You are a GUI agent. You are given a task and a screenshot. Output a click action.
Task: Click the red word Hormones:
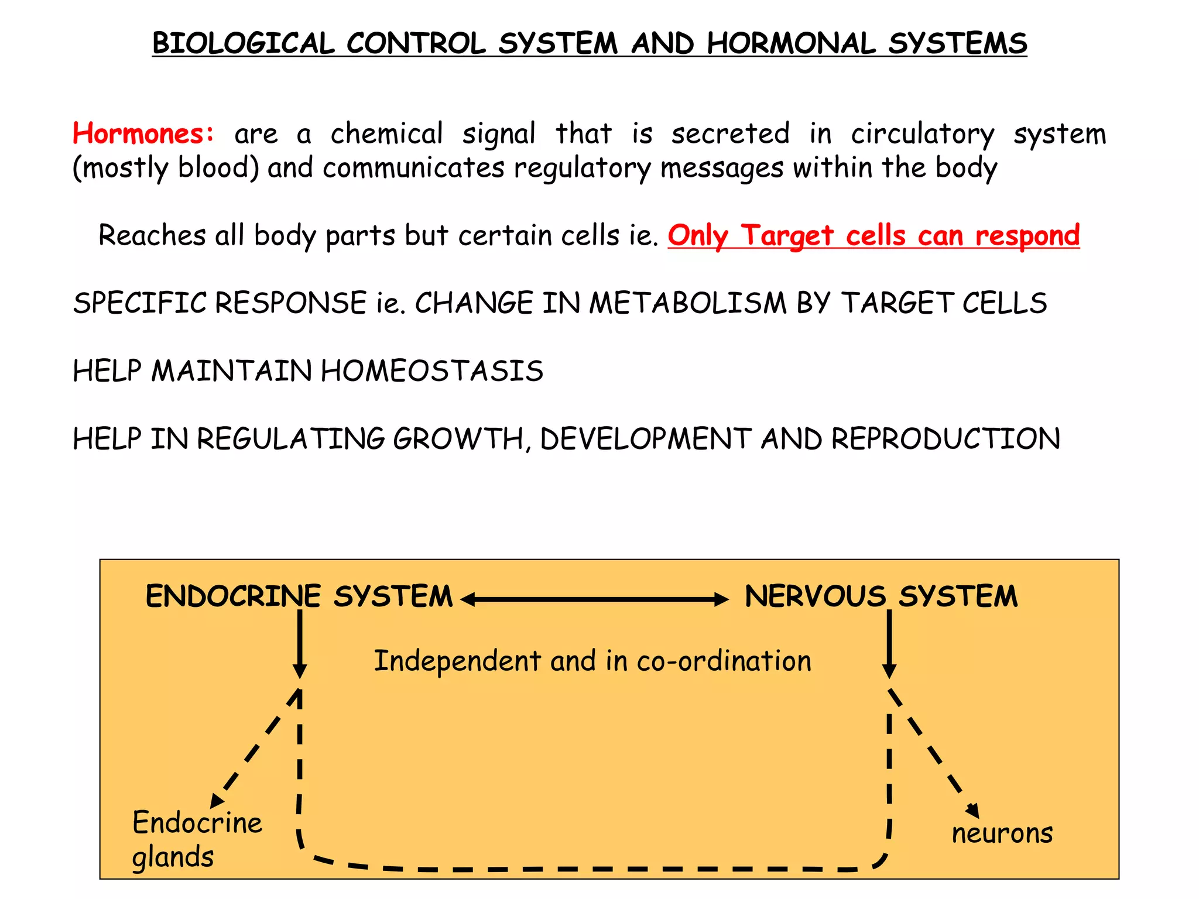(x=143, y=133)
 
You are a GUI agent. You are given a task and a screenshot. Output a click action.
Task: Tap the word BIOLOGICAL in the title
(x=243, y=44)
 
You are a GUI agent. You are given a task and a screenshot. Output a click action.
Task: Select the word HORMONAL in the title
(x=791, y=44)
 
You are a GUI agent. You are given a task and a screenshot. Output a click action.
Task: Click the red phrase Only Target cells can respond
(x=873, y=235)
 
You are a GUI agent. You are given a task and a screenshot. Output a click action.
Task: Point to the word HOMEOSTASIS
(x=432, y=371)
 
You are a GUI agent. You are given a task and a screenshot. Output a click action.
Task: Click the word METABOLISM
(x=687, y=303)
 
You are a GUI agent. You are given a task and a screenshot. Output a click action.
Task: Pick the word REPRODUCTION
(x=946, y=439)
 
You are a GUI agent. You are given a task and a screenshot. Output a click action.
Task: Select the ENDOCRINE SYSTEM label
(x=299, y=596)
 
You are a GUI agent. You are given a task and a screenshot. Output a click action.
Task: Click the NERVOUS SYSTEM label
(x=881, y=596)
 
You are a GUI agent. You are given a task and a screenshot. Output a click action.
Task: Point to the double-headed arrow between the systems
(x=594, y=599)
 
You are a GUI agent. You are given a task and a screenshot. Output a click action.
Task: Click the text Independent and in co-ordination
(x=592, y=661)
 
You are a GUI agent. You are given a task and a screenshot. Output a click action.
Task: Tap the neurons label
(x=1002, y=833)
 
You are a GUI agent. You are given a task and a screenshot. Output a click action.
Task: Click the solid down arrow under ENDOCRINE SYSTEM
(x=300, y=644)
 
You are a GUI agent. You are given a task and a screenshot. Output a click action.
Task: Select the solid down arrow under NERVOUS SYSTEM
(x=889, y=644)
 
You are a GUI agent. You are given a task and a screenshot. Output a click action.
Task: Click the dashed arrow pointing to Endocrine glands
(x=255, y=749)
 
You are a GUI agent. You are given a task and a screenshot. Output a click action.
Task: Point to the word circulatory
(x=922, y=134)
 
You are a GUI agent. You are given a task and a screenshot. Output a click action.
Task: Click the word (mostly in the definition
(x=120, y=169)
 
